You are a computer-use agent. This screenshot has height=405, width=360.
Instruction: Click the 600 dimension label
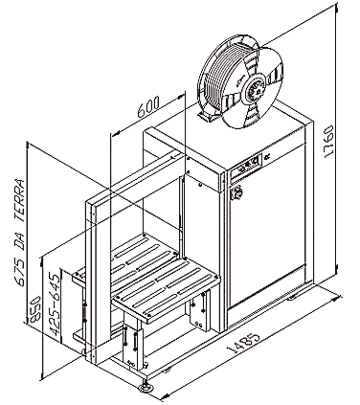148,107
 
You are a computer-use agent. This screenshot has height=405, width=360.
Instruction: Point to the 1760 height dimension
328,141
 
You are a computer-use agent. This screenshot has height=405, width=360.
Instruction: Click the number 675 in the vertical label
20,272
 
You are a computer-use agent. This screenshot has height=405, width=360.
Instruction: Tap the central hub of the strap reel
254,89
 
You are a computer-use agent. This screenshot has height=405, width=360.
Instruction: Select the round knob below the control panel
237,192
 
